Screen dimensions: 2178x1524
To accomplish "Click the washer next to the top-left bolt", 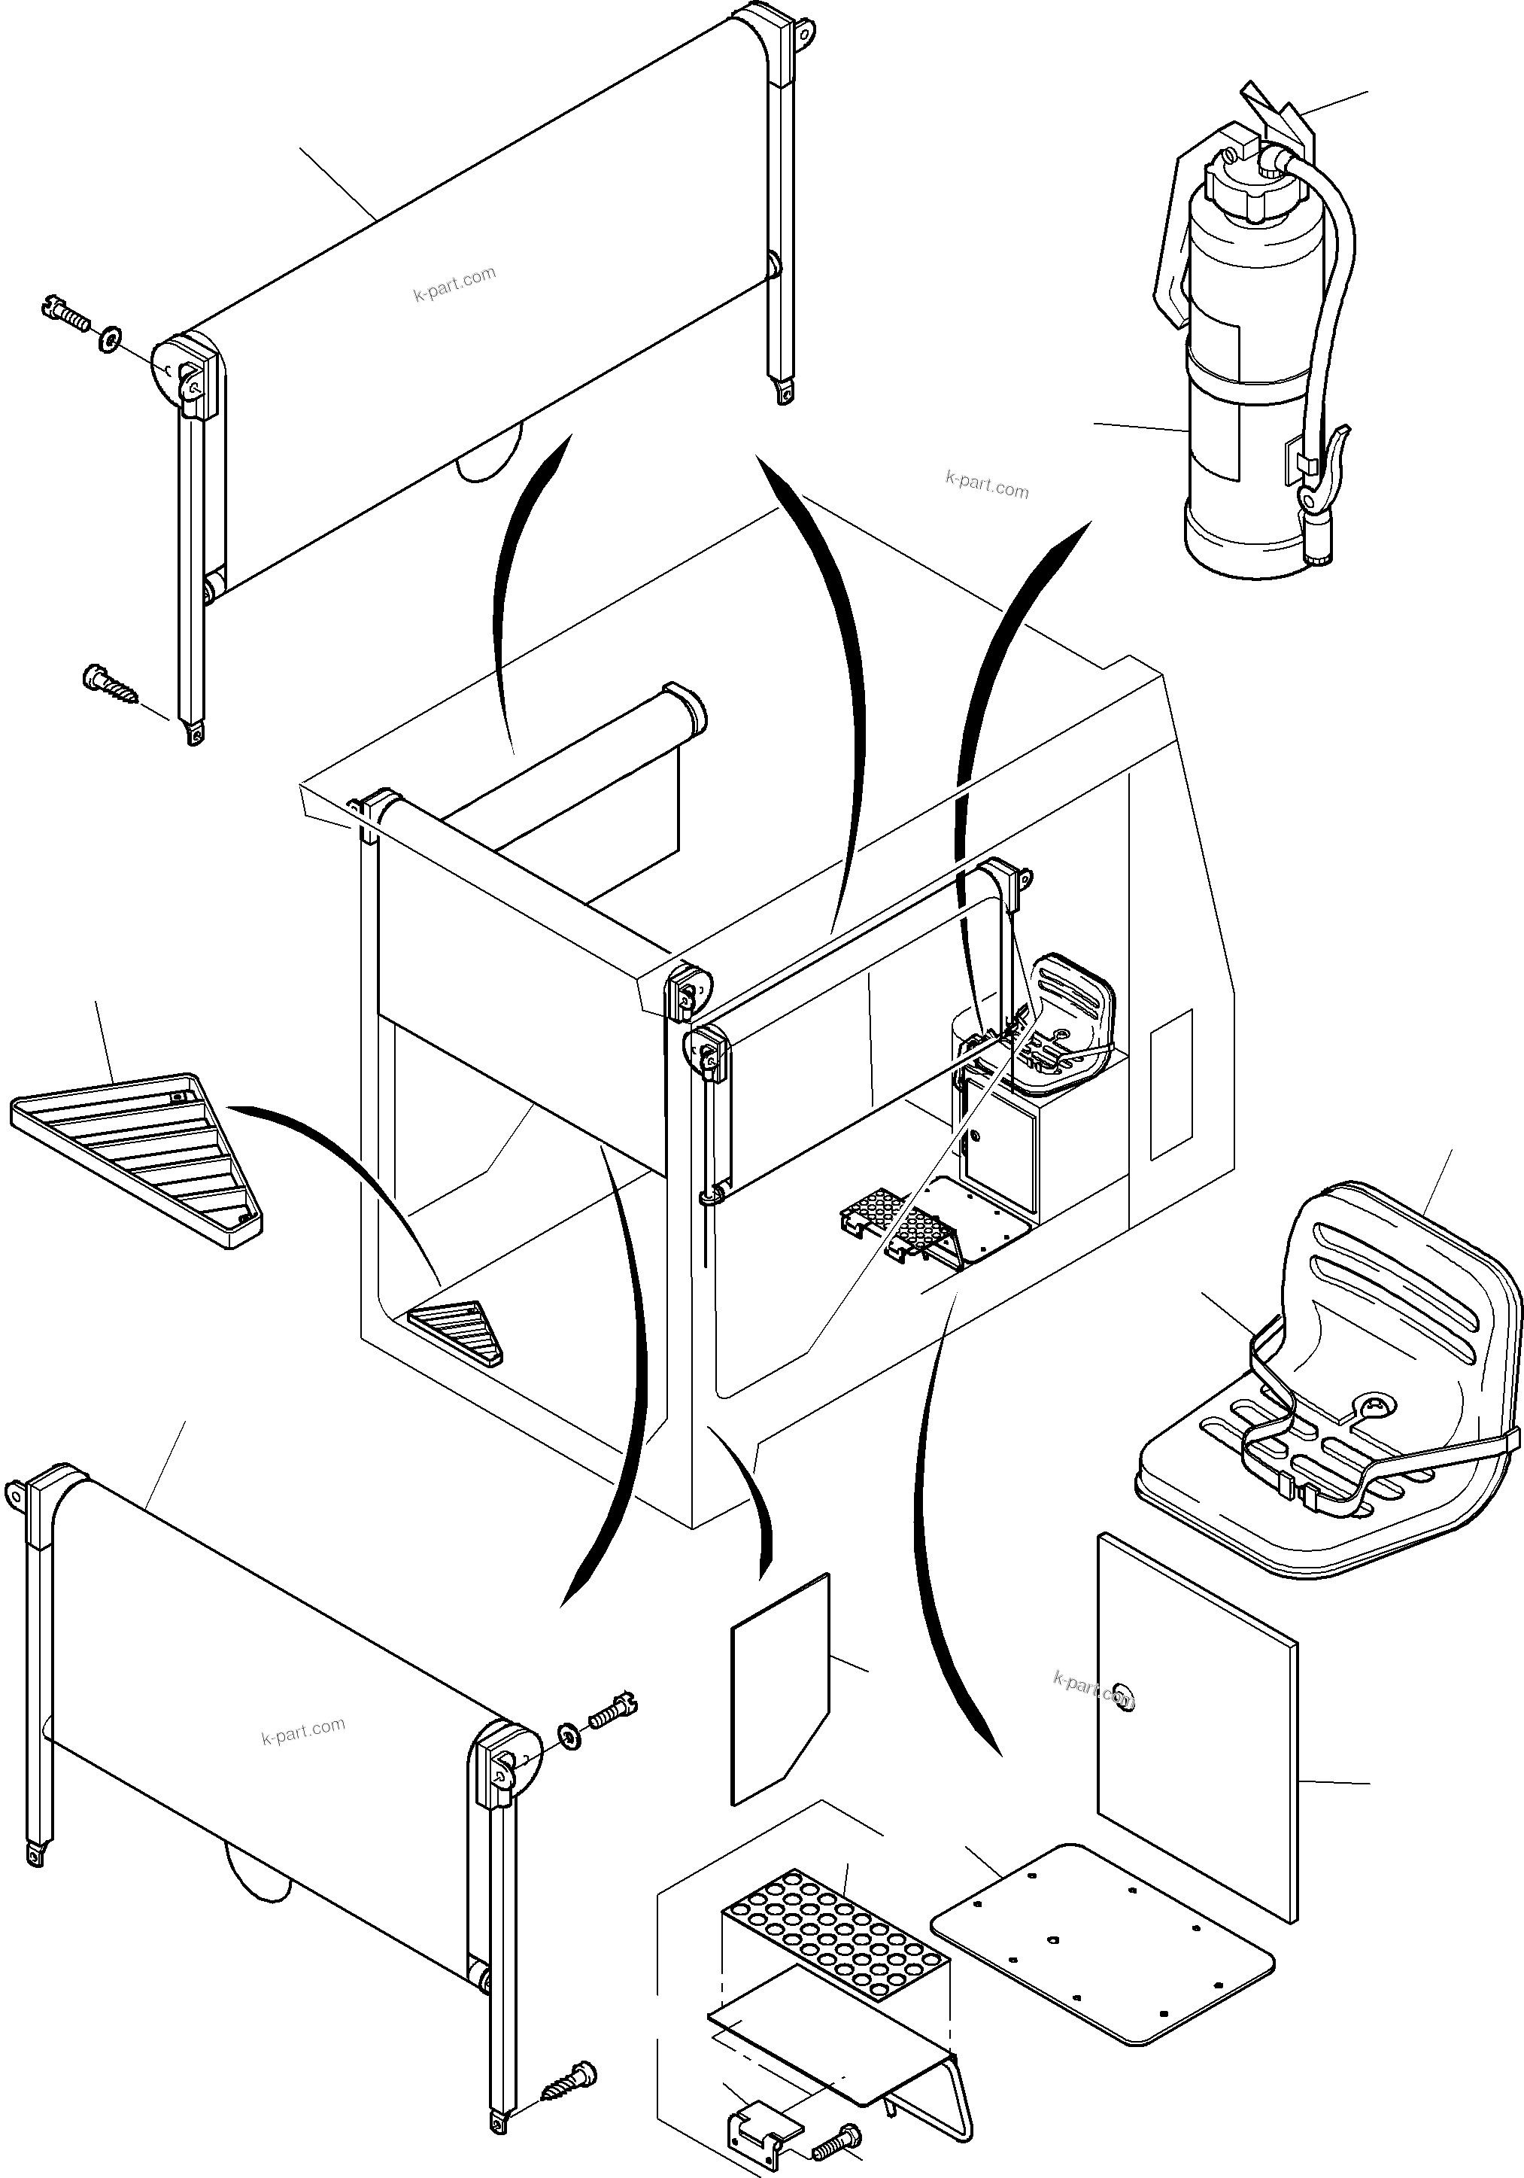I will coord(109,336).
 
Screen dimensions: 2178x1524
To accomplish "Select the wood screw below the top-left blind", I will coord(108,684).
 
